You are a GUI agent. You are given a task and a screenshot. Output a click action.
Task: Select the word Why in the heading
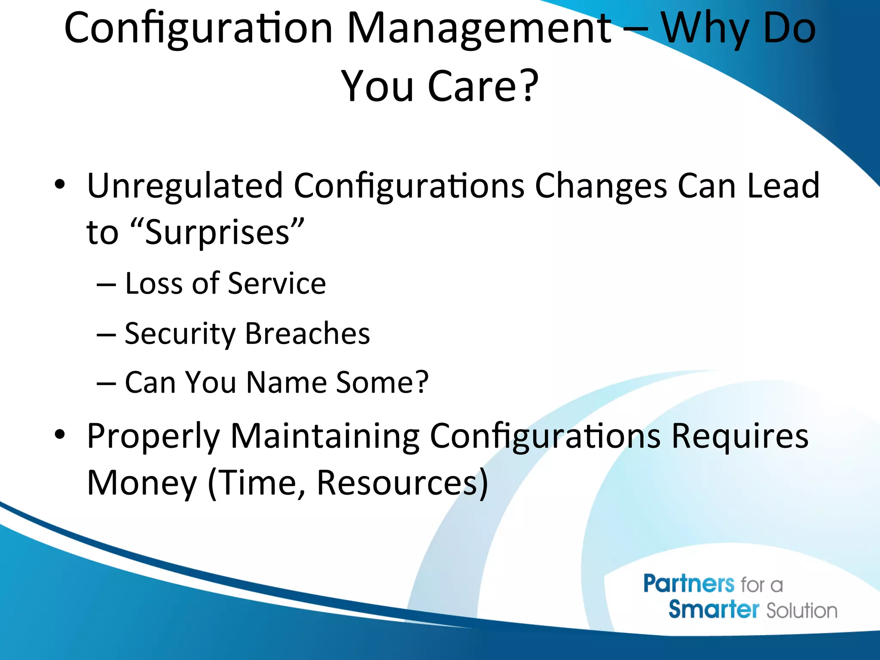pyautogui.click(x=705, y=29)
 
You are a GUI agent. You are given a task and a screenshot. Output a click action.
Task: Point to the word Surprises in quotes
pyautogui.click(x=217, y=232)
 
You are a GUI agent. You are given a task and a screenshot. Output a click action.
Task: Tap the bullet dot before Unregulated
pyautogui.click(x=60, y=185)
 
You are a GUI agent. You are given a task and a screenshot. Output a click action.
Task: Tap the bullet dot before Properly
pyautogui.click(x=60, y=435)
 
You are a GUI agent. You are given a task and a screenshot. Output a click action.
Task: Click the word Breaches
pyautogui.click(x=307, y=333)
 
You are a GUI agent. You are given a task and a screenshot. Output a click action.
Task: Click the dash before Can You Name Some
pyautogui.click(x=106, y=383)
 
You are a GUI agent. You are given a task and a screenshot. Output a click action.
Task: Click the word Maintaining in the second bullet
pyautogui.click(x=325, y=436)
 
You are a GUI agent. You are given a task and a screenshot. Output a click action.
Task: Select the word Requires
pyautogui.click(x=739, y=436)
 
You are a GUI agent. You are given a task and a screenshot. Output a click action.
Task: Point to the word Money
pyautogui.click(x=142, y=483)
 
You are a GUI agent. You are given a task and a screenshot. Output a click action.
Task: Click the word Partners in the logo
pyautogui.click(x=688, y=584)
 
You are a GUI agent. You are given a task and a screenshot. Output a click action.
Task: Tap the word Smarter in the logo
pyautogui.click(x=714, y=609)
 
